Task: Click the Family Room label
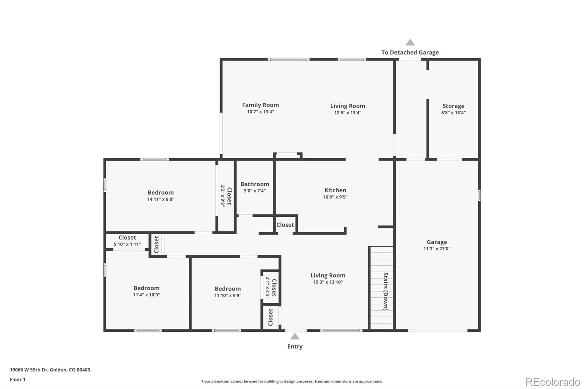coord(261,105)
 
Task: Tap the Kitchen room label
coord(335,190)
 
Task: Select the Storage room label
coord(453,106)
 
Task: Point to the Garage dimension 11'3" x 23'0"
coord(437,249)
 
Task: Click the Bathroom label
coord(255,184)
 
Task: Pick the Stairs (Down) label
coord(385,292)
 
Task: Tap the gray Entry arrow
coord(295,336)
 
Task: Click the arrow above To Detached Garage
coord(410,42)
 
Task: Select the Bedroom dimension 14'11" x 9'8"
coord(161,199)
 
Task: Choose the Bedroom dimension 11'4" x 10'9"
coord(146,295)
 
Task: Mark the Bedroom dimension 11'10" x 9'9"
coord(228,296)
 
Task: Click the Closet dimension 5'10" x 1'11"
coord(127,244)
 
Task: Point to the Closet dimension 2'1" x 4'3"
coord(268,287)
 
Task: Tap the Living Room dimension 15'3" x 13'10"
coord(328,282)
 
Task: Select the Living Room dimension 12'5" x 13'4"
coord(348,113)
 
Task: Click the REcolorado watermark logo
coord(553,382)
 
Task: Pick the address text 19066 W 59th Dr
coord(29,370)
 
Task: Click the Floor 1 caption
coord(18,380)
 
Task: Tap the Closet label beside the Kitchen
coord(285,225)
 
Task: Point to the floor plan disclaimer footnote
coord(292,381)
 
